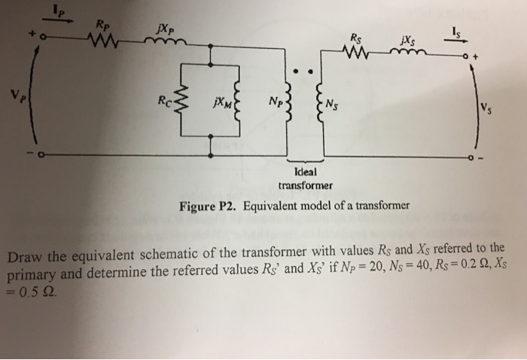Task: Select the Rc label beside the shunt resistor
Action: tap(163, 98)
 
